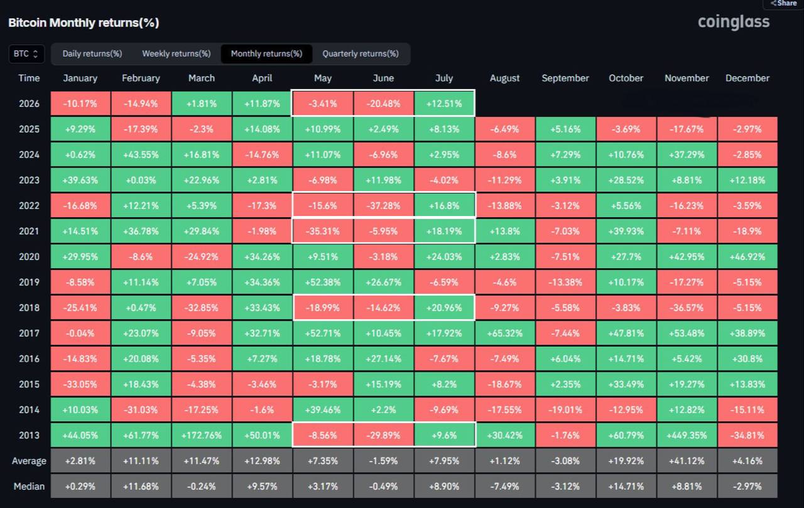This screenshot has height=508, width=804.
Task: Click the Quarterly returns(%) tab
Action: point(361,54)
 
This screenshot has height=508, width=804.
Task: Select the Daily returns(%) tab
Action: point(92,54)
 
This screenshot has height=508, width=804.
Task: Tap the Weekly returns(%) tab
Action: point(177,54)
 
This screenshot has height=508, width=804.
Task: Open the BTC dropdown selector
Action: point(26,54)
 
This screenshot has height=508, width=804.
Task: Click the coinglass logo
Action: point(734,22)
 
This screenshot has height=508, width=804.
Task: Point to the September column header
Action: point(565,78)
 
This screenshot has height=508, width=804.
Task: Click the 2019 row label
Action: point(29,283)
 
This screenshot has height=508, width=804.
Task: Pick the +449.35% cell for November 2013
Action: point(687,435)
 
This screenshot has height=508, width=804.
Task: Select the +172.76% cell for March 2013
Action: point(202,435)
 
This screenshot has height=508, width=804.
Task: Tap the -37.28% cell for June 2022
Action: point(383,205)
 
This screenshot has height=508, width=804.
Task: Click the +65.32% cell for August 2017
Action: point(504,333)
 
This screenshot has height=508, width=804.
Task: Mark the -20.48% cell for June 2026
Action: point(383,104)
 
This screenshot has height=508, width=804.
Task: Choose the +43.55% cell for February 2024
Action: point(141,154)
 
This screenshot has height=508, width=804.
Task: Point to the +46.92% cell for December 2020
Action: point(747,257)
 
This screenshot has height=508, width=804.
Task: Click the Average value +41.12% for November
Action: point(687,461)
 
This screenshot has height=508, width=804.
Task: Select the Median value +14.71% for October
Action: point(626,487)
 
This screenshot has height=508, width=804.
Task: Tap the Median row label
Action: point(29,487)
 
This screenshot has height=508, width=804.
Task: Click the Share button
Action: point(784,4)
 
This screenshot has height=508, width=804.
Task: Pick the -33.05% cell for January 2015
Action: point(80,384)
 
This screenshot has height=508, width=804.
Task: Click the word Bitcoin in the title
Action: point(28,23)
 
